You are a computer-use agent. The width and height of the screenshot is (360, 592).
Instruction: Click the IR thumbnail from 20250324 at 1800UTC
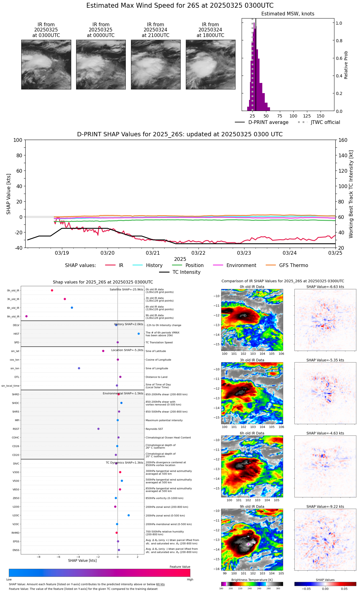(211, 64)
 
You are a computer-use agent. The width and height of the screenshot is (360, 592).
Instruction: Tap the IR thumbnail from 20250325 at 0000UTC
(101, 64)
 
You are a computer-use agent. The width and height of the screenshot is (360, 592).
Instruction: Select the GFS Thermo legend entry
(293, 265)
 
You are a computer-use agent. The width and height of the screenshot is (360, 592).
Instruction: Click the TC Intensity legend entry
(186, 272)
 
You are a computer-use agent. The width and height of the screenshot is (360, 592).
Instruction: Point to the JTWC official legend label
(325, 122)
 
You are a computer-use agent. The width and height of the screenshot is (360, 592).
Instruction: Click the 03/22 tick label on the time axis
(198, 253)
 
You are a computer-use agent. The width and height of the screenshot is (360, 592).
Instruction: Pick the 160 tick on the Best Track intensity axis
(343, 140)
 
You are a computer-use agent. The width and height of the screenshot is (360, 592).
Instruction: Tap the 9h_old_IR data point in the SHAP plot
(27, 316)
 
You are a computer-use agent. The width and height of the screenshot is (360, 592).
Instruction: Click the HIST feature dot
(139, 334)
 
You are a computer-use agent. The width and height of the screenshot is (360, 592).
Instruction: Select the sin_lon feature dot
(79, 368)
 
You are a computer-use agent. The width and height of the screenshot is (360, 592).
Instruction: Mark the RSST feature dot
(98, 429)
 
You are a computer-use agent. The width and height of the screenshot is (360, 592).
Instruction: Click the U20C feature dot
(129, 515)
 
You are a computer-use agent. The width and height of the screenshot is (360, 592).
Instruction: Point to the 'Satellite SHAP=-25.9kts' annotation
(126, 290)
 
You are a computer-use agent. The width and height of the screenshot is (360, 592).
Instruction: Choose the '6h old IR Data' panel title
(252, 433)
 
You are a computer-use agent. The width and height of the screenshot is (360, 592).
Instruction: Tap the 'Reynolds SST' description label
(154, 429)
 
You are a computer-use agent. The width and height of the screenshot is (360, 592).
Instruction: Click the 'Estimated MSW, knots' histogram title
(288, 14)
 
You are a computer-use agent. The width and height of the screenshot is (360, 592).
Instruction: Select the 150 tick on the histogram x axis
(321, 116)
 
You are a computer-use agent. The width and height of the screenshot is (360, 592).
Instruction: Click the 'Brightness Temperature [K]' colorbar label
(252, 580)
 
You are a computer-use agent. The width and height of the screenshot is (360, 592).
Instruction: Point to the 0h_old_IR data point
(52, 290)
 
